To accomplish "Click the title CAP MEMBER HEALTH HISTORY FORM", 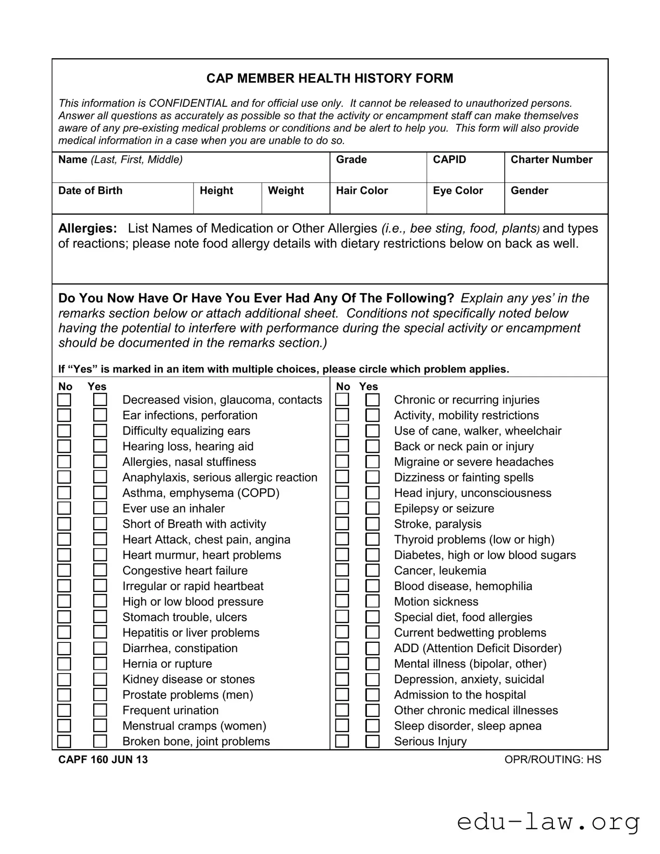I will (x=330, y=78).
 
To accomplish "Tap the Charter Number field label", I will (x=551, y=160).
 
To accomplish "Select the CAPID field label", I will (x=449, y=160).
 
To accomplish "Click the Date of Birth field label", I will (x=90, y=191).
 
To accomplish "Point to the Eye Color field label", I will (x=457, y=191).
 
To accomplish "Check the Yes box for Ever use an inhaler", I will (x=100, y=508).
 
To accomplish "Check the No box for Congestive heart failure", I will (x=64, y=571).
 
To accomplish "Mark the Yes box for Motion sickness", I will (x=372, y=601).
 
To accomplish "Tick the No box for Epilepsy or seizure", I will (x=342, y=508).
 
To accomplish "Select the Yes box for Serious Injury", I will (x=372, y=741).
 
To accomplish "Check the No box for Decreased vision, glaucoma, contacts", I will (x=64, y=400).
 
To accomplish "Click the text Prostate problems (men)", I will (x=187, y=695).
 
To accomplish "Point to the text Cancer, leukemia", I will (x=440, y=571).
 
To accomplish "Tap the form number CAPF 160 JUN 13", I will (x=103, y=760).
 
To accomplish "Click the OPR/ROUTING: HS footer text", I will (x=552, y=760).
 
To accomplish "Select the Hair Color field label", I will (x=362, y=191).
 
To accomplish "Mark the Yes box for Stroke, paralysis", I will (x=372, y=524).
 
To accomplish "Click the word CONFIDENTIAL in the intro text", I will (x=188, y=103).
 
